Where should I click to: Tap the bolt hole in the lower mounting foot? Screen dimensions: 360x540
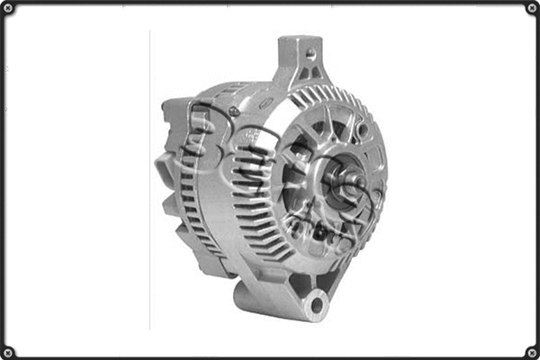click(314, 304)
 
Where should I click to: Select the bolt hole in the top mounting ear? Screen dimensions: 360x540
click(310, 53)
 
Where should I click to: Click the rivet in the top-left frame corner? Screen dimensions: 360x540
click(8, 9)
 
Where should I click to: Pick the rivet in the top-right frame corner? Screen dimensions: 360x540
click(531, 9)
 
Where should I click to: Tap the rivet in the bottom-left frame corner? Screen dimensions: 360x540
click(8, 351)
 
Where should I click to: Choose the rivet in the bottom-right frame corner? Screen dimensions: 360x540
click(531, 351)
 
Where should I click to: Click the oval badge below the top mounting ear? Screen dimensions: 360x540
click(266, 103)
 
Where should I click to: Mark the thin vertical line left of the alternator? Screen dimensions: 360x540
click(149, 180)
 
